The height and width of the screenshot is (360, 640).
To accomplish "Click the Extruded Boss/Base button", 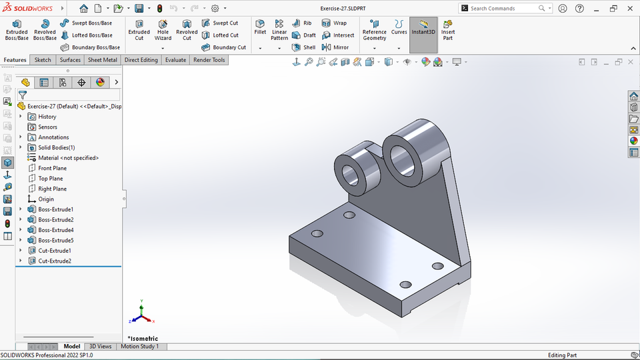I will click(x=17, y=30).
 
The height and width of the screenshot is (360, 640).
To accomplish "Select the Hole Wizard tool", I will click(x=163, y=30).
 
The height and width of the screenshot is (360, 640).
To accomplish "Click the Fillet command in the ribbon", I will click(x=260, y=27).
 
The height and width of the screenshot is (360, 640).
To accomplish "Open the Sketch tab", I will click(x=43, y=60).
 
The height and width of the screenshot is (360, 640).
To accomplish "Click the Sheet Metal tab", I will click(x=102, y=60).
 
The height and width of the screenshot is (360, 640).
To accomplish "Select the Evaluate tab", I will click(x=175, y=60).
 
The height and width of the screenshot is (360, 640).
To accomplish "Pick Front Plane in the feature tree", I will click(x=52, y=168).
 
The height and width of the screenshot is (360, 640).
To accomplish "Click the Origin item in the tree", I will click(x=46, y=199).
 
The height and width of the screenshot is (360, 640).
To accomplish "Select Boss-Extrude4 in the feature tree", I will click(x=55, y=230).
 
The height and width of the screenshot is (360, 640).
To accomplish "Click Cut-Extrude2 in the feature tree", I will click(x=55, y=261).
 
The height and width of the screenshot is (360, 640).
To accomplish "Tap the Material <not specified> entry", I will click(x=68, y=158).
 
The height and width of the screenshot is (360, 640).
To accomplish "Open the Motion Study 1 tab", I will click(x=139, y=347).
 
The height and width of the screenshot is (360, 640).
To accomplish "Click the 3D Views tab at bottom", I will click(x=100, y=347).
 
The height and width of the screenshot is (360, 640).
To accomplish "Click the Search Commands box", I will click(x=503, y=9).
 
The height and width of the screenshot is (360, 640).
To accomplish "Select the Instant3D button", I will click(x=423, y=30).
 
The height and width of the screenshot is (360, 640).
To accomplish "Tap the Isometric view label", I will click(x=143, y=339).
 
